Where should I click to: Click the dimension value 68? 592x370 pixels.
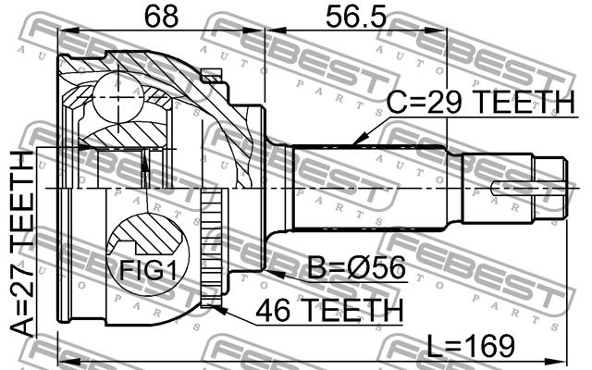pyautogui.click(x=162, y=16)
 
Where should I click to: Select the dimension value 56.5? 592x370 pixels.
pyautogui.click(x=356, y=17)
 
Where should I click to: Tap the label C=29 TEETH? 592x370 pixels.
pyautogui.click(x=481, y=102)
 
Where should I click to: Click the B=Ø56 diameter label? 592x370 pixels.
pyautogui.click(x=357, y=267)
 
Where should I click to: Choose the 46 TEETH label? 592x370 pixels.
pyautogui.click(x=329, y=310)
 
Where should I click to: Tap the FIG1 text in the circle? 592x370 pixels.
pyautogui.click(x=148, y=270)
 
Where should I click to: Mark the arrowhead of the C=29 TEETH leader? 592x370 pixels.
pyautogui.click(x=358, y=140)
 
